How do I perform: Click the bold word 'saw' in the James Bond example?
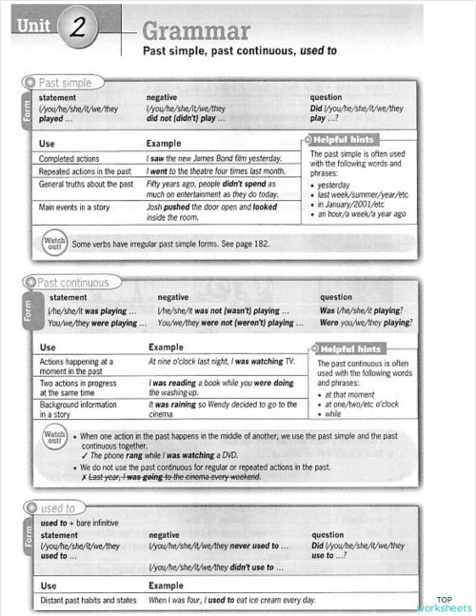pos(161,158)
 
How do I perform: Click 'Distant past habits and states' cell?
pos(87,601)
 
